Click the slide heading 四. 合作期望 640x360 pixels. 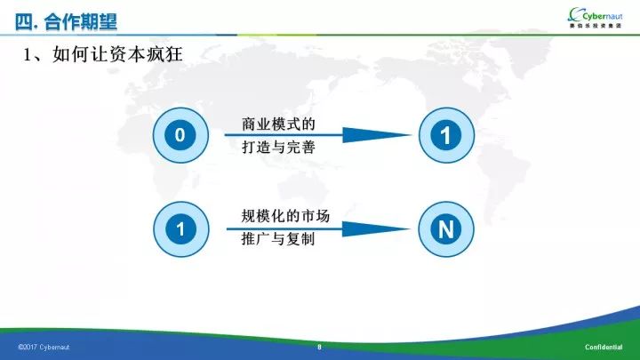pos(66,21)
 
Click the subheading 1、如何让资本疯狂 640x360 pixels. pos(102,54)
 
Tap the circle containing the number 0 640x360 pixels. pos(180,135)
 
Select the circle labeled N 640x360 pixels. pos(446,229)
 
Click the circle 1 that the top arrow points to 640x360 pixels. pos(446,135)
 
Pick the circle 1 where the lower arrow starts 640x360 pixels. pos(180,229)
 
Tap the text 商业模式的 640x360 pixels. pos(278,124)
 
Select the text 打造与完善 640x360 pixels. pos(278,147)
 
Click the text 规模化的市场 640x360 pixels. pos(285,216)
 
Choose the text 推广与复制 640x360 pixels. pos(278,239)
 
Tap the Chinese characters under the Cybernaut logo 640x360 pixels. pos(596,26)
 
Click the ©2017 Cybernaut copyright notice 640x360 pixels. pos(44,348)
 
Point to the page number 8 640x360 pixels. pos(319,347)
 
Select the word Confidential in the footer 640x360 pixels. pos(604,347)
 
